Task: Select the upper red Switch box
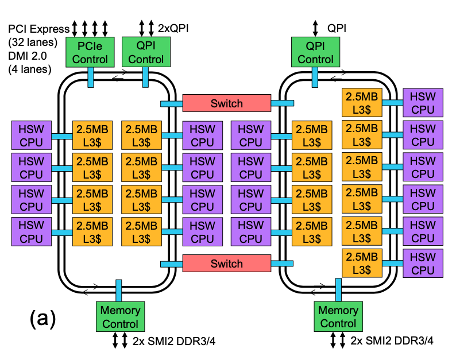tap(226, 103)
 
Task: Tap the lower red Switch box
tap(226, 264)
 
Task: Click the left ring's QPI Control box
tap(146, 52)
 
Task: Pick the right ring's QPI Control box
tap(315, 52)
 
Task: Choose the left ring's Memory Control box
tap(120, 317)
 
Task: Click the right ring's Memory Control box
tap(338, 317)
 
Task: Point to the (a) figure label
tap(43, 318)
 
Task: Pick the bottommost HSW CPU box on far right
tap(423, 264)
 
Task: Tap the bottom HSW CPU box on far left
tap(31, 231)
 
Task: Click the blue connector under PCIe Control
tap(91, 77)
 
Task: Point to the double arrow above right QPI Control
tap(315, 27)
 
